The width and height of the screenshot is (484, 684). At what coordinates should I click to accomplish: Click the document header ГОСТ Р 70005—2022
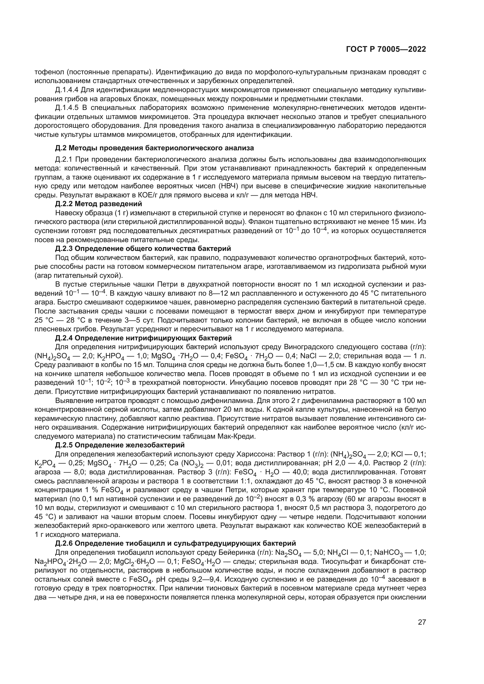[x=386, y=49]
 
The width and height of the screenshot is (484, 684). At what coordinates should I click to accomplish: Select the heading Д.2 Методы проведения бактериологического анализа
[x=155, y=148]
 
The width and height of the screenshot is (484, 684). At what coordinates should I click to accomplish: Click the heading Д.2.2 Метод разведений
[x=99, y=204]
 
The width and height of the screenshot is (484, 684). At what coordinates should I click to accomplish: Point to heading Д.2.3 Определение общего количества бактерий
[x=143, y=249]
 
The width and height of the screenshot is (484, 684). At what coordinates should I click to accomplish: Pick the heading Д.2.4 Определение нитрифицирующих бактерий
[x=143, y=338]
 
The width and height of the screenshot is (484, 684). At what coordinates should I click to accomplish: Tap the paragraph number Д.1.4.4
[x=67, y=90]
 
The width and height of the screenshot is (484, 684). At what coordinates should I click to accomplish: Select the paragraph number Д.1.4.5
[x=67, y=108]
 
